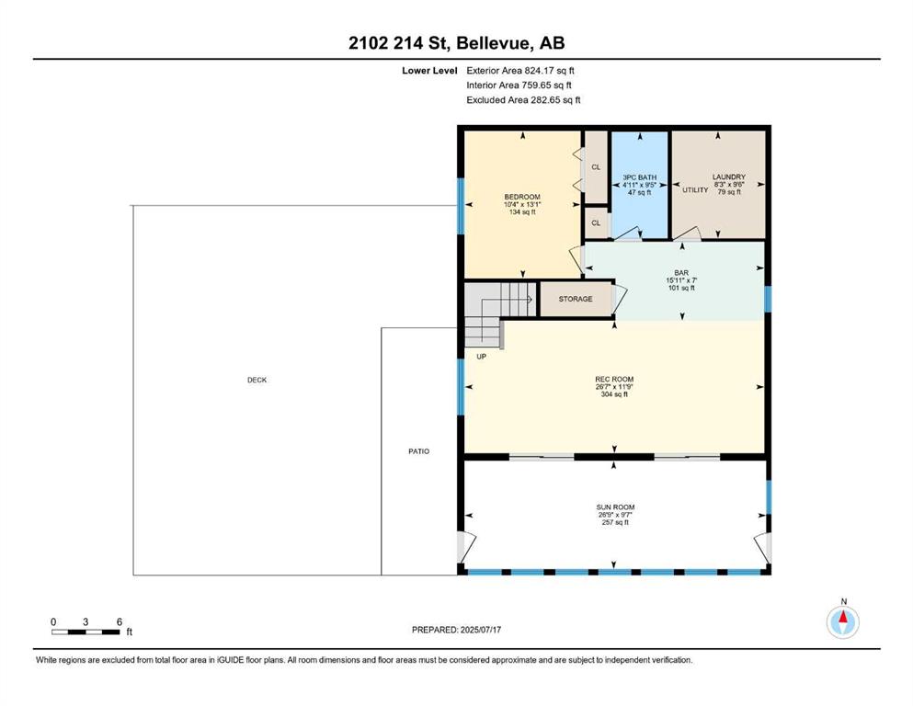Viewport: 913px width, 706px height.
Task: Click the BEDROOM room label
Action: click(522, 197)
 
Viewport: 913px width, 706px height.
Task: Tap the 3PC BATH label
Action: click(639, 177)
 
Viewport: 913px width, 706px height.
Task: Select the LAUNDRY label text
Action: click(729, 176)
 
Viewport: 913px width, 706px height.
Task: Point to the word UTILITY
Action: click(695, 189)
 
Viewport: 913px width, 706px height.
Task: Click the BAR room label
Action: click(681, 272)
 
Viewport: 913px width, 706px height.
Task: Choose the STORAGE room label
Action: click(576, 299)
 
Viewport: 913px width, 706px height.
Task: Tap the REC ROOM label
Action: click(614, 379)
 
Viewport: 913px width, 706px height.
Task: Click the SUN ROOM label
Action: click(615, 507)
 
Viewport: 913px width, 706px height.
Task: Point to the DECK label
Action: click(257, 380)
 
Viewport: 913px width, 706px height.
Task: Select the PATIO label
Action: click(418, 451)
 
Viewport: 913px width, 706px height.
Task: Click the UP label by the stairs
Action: click(482, 356)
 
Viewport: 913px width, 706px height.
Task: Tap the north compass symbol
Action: click(843, 622)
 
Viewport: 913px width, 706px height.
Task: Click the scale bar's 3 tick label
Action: click(86, 621)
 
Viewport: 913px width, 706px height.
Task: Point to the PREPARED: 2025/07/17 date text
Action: click(456, 630)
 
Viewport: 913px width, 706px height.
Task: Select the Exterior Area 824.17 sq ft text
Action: click(520, 71)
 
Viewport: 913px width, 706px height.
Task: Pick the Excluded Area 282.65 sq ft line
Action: click(523, 99)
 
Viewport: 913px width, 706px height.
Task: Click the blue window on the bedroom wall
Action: click(461, 205)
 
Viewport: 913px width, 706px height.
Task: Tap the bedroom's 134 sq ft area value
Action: click(522, 211)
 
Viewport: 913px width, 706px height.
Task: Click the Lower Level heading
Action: click(429, 71)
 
